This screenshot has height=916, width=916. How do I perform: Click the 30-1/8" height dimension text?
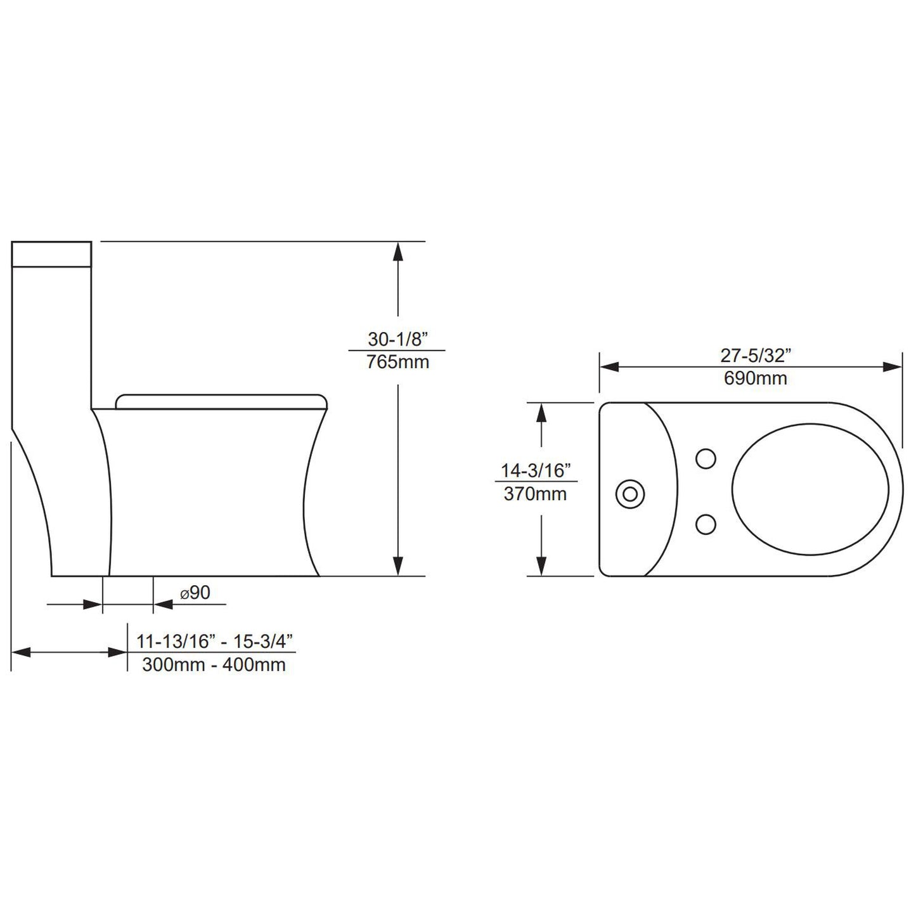click(x=397, y=339)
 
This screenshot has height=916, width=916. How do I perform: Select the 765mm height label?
click(x=397, y=363)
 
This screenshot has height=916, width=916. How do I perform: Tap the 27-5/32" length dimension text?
click(x=756, y=356)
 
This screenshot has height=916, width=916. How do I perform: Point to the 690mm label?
click(x=756, y=378)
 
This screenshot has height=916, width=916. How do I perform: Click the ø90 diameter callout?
click(x=195, y=593)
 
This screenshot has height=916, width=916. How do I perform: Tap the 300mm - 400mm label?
click(x=214, y=664)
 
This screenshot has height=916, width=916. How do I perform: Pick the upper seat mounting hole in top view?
click(x=706, y=459)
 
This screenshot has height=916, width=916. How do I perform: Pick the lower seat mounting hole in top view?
click(x=706, y=524)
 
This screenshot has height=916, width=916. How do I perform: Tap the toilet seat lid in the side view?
click(x=222, y=401)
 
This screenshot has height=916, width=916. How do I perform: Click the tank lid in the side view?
click(x=52, y=253)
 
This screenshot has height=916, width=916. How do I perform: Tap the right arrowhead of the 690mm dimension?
click(x=892, y=367)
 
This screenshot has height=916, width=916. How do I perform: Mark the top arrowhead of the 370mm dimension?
click(x=541, y=413)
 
